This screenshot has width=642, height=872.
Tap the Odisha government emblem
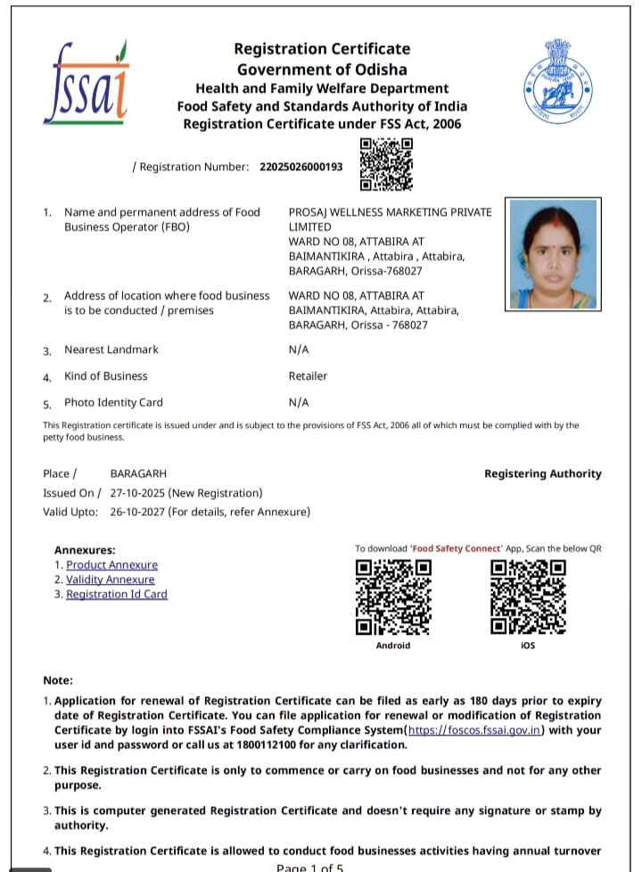tap(557, 82)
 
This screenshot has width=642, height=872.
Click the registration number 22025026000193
tap(301, 167)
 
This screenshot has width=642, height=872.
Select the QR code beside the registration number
tap(386, 165)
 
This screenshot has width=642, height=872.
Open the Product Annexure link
tap(111, 565)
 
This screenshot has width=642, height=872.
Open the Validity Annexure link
tap(110, 580)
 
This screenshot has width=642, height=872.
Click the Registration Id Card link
tap(116, 594)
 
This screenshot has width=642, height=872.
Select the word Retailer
tap(308, 376)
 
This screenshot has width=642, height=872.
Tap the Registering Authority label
tap(542, 474)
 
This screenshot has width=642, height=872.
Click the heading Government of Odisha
tap(321, 70)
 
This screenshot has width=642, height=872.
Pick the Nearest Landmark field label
tap(111, 350)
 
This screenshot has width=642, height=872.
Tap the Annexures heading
tap(85, 550)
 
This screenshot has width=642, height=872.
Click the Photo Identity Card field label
tap(113, 402)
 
